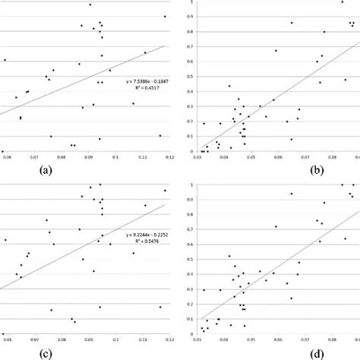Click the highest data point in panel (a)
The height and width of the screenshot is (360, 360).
(x=90, y=5)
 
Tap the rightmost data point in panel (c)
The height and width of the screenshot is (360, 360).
(x=165, y=191)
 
